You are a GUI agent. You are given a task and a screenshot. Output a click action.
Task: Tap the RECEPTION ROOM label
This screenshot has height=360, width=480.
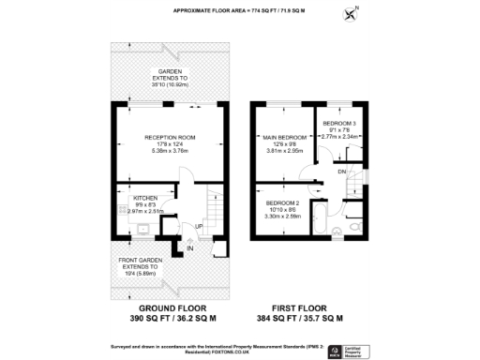169,137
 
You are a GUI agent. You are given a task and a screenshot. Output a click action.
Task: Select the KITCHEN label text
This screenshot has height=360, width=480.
144,199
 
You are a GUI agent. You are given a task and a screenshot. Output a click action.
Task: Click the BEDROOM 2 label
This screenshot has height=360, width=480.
281,203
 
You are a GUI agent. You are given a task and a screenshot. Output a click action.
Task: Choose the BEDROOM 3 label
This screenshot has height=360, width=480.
338,125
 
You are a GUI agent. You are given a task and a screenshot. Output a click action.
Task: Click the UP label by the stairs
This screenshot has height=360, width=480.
198,227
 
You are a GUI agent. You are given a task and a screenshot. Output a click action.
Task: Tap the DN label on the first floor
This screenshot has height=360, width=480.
342,172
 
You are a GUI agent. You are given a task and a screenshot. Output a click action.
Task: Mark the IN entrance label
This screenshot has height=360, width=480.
189,248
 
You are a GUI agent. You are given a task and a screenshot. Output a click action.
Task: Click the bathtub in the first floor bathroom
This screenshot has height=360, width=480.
320,228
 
